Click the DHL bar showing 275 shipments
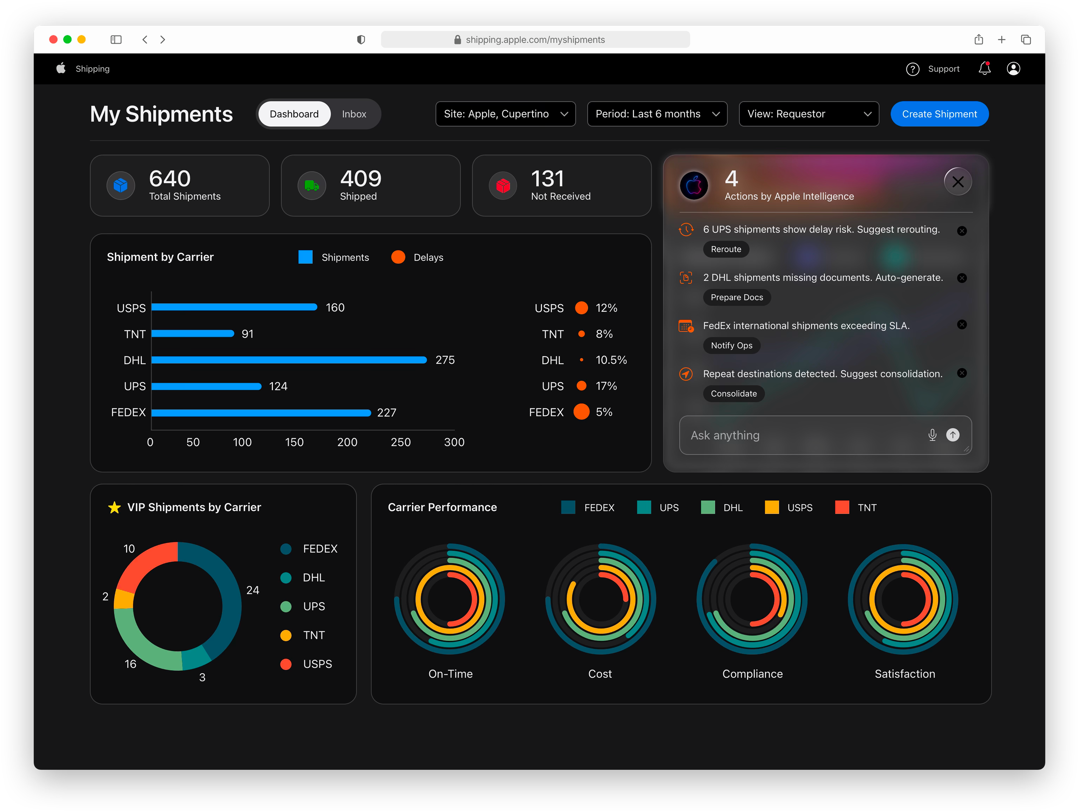tap(289, 360)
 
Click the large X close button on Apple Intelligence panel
tap(957, 182)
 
